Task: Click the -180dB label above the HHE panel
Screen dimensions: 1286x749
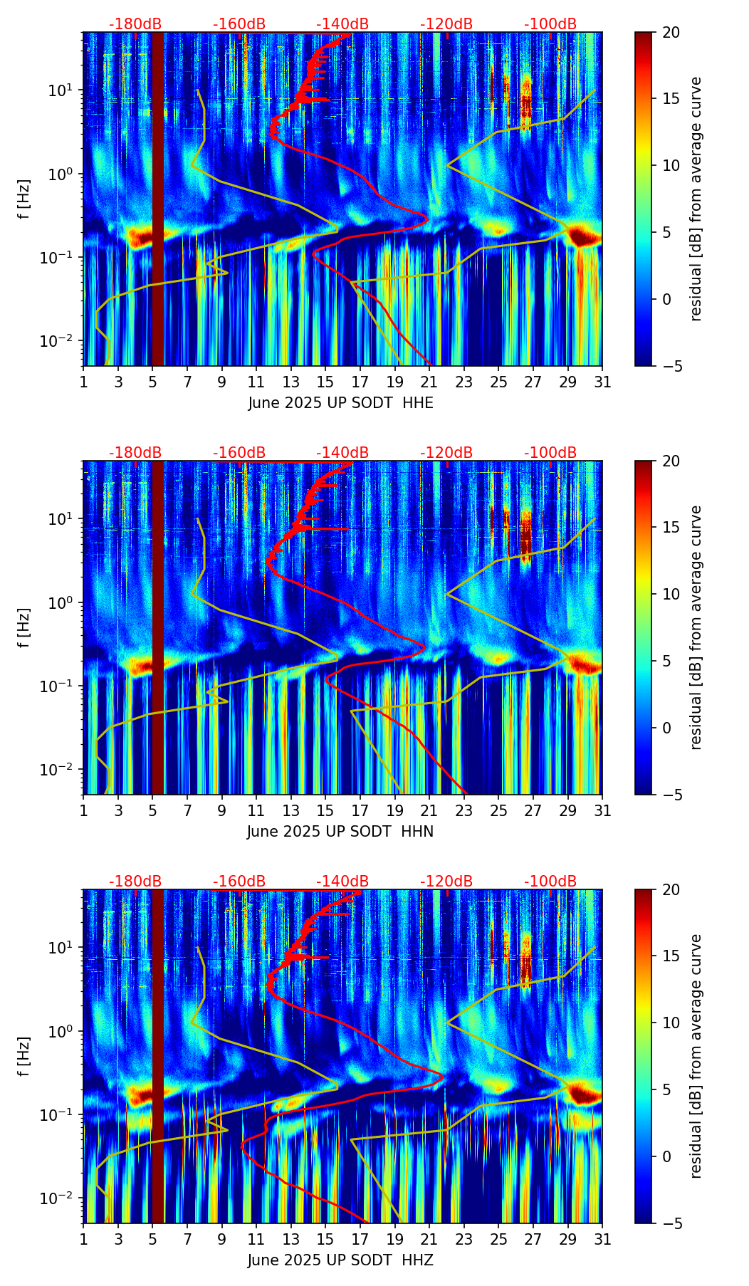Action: [x=135, y=24]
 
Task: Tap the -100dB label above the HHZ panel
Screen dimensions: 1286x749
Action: [x=550, y=882]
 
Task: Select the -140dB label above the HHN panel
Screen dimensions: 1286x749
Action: [x=342, y=453]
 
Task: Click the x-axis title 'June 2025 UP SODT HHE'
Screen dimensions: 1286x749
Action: [x=340, y=403]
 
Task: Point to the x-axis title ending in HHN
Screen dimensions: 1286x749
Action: [x=340, y=832]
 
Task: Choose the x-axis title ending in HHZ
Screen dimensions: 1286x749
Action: [x=340, y=1260]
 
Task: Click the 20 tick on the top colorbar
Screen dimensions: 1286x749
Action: [x=671, y=32]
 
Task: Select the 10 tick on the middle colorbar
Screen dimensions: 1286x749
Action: [x=671, y=594]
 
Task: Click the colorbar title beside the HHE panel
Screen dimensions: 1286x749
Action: [x=696, y=199]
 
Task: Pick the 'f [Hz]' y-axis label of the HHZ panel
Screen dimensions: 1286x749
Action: [x=24, y=1056]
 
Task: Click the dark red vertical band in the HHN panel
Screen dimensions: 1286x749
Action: [x=157, y=627]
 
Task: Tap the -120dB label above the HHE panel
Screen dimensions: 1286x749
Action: [x=446, y=24]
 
